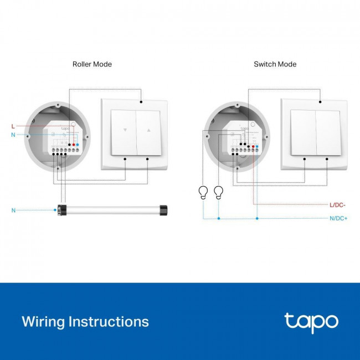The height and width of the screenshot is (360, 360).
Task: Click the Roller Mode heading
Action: (92, 64)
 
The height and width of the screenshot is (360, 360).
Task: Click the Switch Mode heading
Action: (275, 64)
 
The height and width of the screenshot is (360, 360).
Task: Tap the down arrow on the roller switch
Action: (125, 132)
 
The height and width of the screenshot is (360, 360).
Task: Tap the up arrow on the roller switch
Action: (148, 132)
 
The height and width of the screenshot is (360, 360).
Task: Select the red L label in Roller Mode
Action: (13, 126)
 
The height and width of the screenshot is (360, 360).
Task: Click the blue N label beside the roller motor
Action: (13, 210)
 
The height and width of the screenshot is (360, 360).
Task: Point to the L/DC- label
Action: (337, 205)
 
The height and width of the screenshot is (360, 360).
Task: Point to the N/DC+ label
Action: (337, 218)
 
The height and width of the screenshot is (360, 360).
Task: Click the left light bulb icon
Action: (203, 192)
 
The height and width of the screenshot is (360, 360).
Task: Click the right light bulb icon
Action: (218, 192)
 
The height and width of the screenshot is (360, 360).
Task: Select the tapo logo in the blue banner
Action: (311, 322)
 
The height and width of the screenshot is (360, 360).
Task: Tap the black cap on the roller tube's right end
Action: (163, 210)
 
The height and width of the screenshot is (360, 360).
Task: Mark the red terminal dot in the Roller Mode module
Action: (74, 145)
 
